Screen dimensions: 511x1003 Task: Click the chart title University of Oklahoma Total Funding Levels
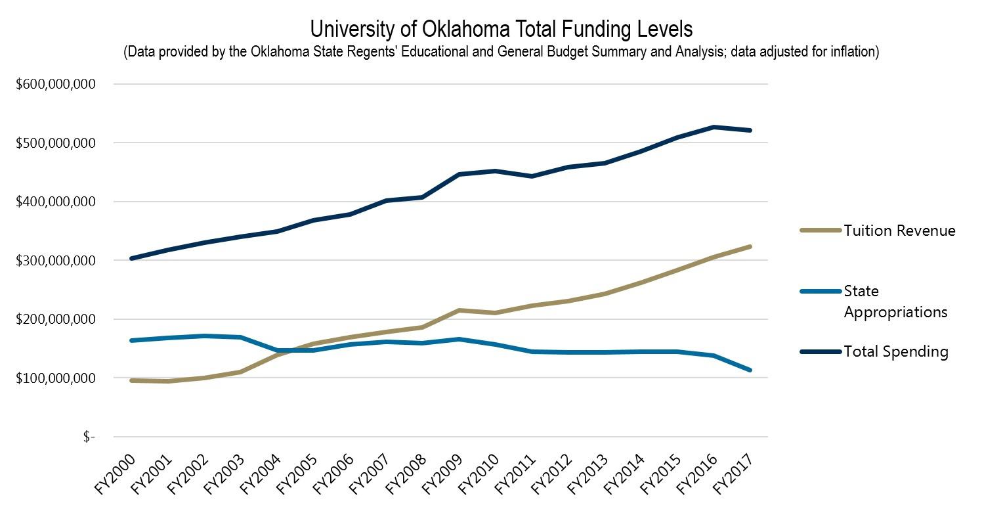click(x=501, y=30)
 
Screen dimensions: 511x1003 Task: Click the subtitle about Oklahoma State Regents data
click(x=501, y=53)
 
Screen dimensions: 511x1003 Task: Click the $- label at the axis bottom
click(x=89, y=437)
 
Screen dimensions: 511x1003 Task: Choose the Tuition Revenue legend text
click(x=899, y=231)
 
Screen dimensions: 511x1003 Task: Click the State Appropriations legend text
click(x=895, y=301)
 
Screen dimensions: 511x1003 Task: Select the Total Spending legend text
click(x=896, y=351)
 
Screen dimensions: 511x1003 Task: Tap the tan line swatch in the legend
click(x=821, y=231)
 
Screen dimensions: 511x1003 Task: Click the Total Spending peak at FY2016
click(x=714, y=127)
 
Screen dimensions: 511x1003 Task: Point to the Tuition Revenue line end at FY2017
click(x=750, y=247)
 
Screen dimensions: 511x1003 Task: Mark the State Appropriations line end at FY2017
click(x=750, y=370)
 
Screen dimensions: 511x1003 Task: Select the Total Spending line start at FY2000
click(x=132, y=259)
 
